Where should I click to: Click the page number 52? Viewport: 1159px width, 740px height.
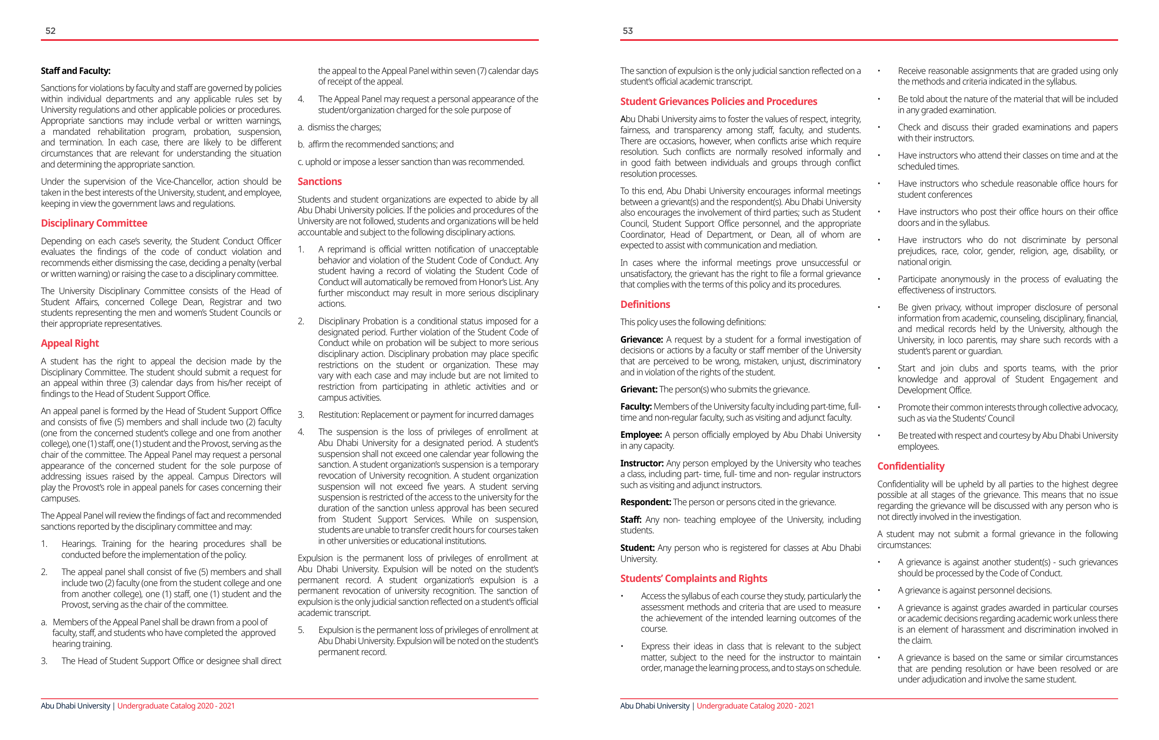click(51, 31)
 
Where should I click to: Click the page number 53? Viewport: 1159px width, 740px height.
click(628, 31)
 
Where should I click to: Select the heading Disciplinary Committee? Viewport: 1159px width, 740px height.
click(94, 223)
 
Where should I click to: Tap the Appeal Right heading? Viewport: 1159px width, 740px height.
click(70, 343)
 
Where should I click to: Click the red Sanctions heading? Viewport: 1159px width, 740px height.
click(320, 182)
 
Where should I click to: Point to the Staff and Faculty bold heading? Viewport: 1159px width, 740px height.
click(76, 71)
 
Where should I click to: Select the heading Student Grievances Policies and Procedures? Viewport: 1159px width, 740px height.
click(719, 101)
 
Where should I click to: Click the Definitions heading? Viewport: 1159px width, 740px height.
click(645, 304)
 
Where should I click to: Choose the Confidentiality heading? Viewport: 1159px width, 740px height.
click(911, 466)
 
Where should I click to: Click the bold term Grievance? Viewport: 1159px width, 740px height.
click(641, 339)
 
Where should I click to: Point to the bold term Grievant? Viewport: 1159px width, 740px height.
click(639, 390)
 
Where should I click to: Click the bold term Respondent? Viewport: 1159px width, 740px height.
click(646, 502)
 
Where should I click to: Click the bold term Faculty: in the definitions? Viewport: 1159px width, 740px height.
click(636, 407)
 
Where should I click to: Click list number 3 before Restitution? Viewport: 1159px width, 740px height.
click(301, 415)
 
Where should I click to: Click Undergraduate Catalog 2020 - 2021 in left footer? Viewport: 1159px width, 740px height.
click(176, 706)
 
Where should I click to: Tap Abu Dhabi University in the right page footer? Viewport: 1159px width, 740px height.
click(655, 706)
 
